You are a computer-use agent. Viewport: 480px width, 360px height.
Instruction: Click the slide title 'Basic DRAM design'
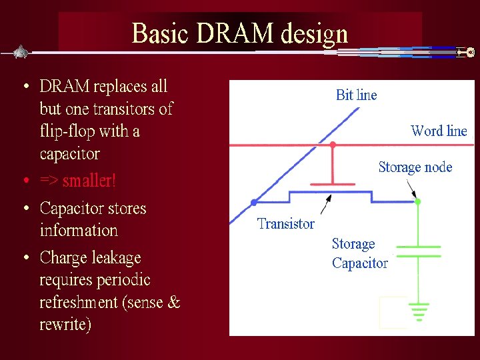[240, 33]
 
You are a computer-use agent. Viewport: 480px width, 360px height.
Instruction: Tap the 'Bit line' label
[356, 95]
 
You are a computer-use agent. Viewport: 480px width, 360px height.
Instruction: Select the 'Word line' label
[439, 131]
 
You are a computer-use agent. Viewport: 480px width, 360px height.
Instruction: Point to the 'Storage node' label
[415, 167]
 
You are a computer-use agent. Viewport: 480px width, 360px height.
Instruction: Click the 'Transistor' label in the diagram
[285, 224]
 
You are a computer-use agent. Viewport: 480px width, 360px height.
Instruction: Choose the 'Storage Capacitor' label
[359, 253]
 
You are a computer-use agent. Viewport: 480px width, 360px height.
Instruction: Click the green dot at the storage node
[417, 201]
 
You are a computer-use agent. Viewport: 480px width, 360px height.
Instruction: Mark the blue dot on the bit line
[253, 201]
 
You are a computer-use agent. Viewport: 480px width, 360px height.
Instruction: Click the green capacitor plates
[418, 251]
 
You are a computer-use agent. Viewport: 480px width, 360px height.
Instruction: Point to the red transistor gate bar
[333, 183]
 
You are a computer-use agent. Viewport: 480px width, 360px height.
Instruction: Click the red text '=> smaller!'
[77, 181]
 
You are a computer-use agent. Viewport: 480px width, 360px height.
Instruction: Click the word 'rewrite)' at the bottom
[65, 325]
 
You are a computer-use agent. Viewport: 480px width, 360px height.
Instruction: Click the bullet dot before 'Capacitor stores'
[25, 209]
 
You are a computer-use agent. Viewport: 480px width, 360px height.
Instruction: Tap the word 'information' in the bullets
[79, 231]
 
